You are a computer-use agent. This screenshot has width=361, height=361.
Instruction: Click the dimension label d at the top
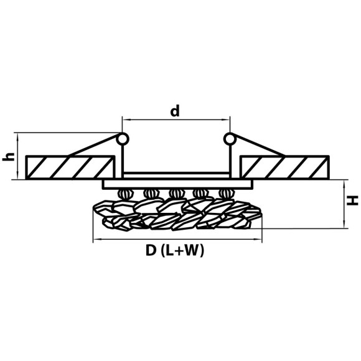click(175, 111)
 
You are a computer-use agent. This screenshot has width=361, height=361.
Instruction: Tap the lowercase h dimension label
click(8, 157)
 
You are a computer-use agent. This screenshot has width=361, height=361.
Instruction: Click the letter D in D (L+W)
click(151, 250)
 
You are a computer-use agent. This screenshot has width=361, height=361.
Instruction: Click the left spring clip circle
click(123, 139)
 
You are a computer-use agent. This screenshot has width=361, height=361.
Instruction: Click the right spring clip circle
click(230, 139)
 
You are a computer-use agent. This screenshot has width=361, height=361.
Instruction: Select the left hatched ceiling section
click(70, 167)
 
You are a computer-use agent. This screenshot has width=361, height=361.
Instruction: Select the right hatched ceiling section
click(284, 167)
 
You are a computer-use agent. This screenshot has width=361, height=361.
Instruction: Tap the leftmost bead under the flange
click(126, 194)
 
